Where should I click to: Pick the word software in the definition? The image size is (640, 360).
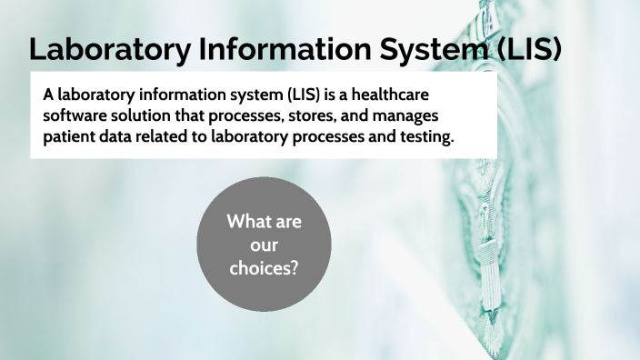point(76,116)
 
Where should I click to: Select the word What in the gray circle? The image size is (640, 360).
point(249,222)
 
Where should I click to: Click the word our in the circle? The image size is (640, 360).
point(265,245)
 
